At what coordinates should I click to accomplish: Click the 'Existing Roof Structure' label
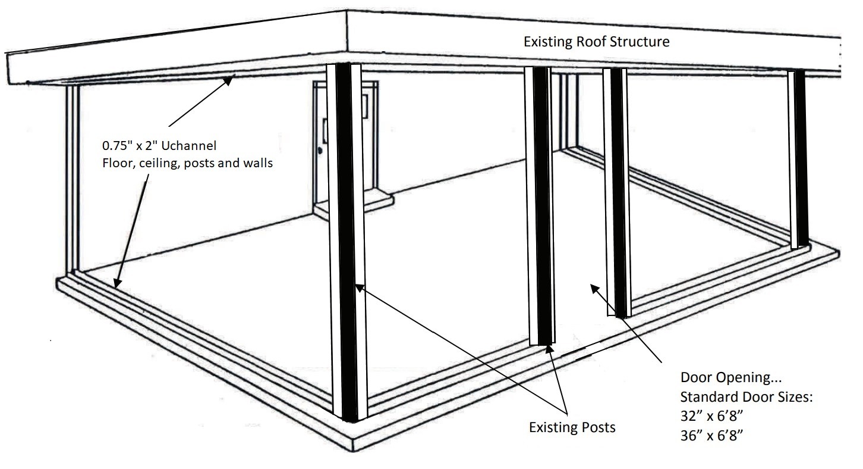tap(596, 42)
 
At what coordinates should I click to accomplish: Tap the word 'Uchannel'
tap(189, 146)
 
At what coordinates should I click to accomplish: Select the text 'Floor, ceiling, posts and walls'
tap(188, 163)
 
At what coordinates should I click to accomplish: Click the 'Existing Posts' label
tap(572, 427)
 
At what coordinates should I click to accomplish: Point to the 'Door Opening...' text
tap(731, 377)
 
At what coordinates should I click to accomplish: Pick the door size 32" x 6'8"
tap(711, 416)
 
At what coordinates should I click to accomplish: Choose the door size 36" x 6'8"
tap(711, 436)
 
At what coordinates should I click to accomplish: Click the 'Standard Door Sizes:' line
tap(747, 397)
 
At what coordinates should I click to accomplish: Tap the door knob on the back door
tap(320, 151)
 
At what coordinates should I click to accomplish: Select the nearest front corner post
tap(347, 242)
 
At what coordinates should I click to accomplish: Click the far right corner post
tap(798, 159)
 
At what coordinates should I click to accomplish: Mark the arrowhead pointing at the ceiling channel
tap(228, 81)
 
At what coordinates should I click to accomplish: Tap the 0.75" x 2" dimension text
tap(131, 146)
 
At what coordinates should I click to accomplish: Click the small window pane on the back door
tap(364, 107)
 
